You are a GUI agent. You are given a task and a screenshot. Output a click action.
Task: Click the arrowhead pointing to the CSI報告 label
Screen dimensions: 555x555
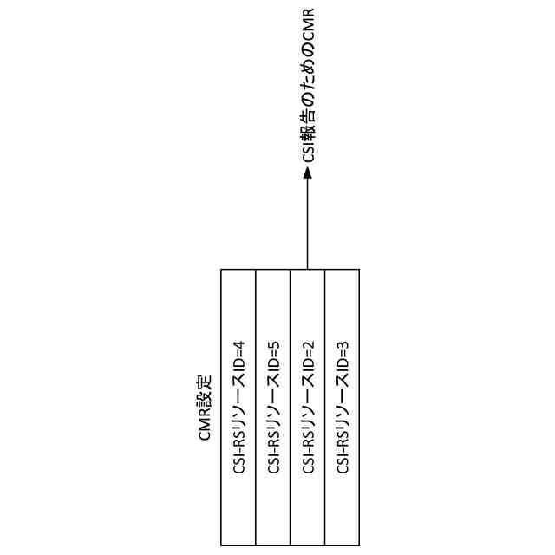[308, 173]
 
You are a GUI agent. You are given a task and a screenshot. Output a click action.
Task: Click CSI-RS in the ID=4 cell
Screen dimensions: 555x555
[238, 457]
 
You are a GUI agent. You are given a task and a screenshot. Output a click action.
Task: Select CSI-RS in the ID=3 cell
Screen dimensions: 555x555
[343, 457]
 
